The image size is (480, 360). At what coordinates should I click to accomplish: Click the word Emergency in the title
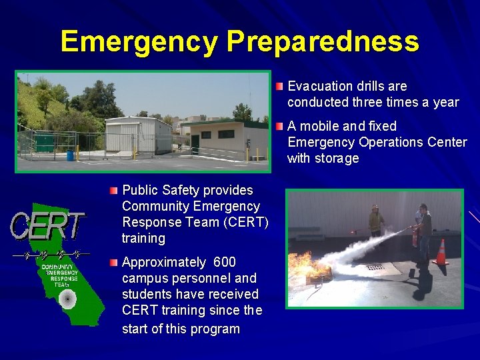pos(139,41)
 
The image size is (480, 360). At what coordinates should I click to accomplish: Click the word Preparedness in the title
pos(323,41)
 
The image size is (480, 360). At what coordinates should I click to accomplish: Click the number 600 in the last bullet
pos(224,262)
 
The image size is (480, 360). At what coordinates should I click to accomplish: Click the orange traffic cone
pos(440,253)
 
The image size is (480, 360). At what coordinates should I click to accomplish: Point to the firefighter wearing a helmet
pos(377,223)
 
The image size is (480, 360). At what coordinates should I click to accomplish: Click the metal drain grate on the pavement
pos(375,267)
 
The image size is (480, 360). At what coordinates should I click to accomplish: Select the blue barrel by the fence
pos(70,155)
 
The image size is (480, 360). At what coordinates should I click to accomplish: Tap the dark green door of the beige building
pos(195,144)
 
